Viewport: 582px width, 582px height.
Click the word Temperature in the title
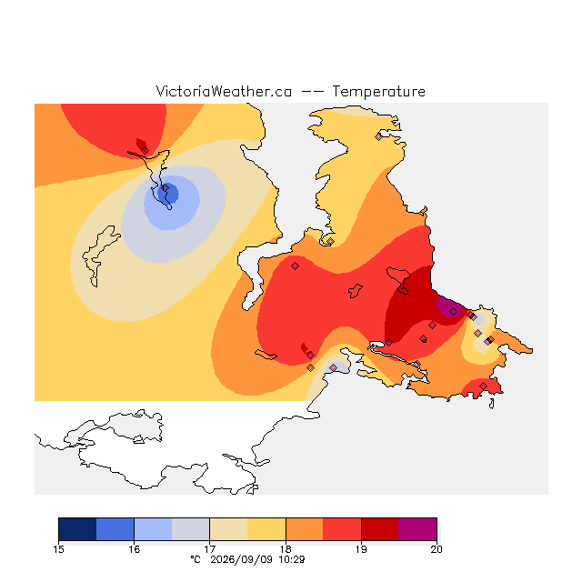pyautogui.click(x=378, y=92)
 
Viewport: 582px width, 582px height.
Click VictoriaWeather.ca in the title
pyautogui.click(x=224, y=92)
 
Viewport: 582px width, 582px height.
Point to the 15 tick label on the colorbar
pyautogui.click(x=58, y=549)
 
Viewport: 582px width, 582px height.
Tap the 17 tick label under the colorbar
pyautogui.click(x=210, y=549)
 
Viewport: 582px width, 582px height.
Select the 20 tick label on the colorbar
pyautogui.click(x=436, y=549)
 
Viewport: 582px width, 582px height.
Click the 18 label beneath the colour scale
pyautogui.click(x=286, y=549)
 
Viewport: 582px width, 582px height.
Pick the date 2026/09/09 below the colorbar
pyautogui.click(x=242, y=559)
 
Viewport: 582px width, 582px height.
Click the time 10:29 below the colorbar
pyautogui.click(x=292, y=559)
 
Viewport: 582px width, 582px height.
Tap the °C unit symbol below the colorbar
pyautogui.click(x=196, y=559)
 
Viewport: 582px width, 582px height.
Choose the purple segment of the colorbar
pyautogui.click(x=417, y=529)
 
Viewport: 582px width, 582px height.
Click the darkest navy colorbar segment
pyautogui.click(x=77, y=529)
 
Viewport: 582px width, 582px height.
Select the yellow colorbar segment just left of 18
pyautogui.click(x=266, y=529)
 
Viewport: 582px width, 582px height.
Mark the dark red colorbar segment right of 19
pyautogui.click(x=380, y=529)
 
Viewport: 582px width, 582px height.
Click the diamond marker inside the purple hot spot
pyautogui.click(x=453, y=311)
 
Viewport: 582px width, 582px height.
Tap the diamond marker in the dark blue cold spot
pyautogui.click(x=166, y=188)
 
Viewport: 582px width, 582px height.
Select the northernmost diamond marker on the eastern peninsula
pyautogui.click(x=378, y=137)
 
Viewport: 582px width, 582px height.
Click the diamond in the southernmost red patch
pyautogui.click(x=483, y=386)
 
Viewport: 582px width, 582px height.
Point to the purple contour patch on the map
pyautogui.click(x=449, y=306)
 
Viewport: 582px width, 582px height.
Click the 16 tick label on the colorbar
pyautogui.click(x=135, y=549)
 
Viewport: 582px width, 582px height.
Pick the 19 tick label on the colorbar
pyautogui.click(x=361, y=549)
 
